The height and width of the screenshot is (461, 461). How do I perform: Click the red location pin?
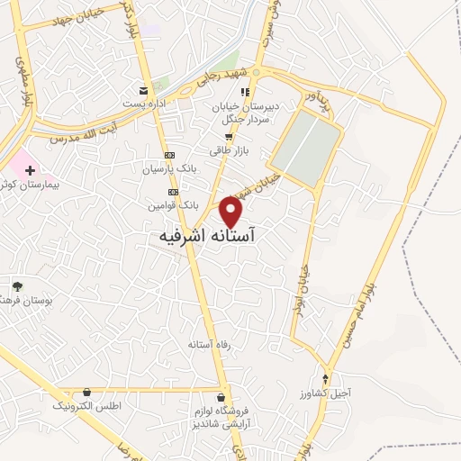tap(231, 211)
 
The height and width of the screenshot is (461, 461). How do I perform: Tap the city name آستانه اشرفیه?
tap(206, 236)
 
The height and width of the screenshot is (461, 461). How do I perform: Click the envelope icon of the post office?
tap(142, 89)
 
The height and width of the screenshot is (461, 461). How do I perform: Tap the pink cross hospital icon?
tap(30, 170)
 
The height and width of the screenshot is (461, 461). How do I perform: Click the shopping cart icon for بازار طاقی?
tap(229, 138)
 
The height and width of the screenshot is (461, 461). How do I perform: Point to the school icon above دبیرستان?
tap(244, 92)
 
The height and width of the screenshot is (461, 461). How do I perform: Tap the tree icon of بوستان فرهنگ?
tap(17, 286)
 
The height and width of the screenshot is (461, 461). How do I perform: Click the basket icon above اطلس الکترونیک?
tap(86, 393)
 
